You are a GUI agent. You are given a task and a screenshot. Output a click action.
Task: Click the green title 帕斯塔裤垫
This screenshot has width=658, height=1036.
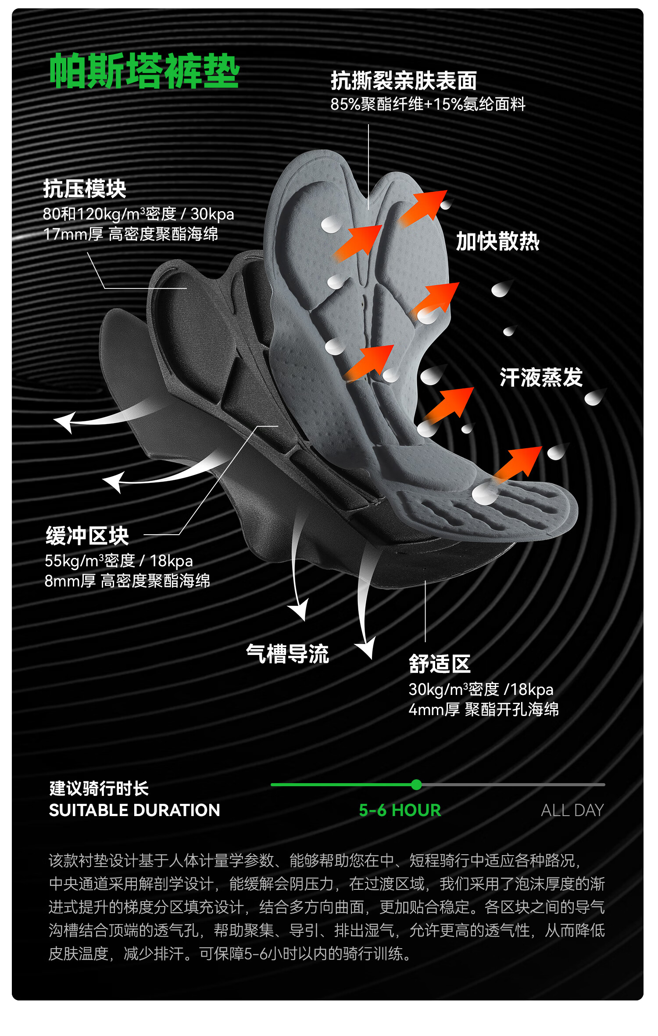(144, 71)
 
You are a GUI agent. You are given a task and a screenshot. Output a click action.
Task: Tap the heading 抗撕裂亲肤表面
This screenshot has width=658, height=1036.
(404, 81)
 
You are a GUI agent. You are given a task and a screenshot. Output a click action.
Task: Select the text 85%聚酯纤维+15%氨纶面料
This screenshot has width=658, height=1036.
(428, 104)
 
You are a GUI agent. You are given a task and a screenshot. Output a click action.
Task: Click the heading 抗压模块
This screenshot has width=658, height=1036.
(85, 189)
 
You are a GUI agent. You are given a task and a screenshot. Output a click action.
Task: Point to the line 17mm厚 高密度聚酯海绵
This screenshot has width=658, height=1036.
(130, 234)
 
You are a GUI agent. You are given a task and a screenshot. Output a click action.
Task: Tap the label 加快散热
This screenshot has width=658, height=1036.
(497, 241)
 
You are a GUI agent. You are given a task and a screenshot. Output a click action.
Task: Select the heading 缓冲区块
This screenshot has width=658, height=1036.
(87, 536)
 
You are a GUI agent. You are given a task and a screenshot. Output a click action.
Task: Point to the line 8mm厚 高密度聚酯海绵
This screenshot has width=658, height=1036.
(127, 581)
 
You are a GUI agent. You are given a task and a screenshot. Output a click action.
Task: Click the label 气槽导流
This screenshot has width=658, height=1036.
(287, 654)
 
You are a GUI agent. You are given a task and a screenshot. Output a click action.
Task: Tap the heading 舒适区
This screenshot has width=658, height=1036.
(440, 664)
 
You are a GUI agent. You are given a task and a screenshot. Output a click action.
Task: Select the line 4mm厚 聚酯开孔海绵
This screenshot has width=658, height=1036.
(483, 709)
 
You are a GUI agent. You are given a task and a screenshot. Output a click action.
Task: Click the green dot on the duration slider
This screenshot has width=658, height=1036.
(416, 784)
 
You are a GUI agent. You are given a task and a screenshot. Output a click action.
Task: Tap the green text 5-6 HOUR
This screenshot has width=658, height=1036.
(400, 810)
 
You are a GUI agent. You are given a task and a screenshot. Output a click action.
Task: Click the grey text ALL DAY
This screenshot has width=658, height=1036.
(572, 810)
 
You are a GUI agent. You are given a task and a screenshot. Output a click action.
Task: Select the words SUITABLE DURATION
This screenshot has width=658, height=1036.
(134, 810)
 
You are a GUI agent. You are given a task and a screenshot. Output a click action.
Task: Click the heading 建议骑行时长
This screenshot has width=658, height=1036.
(99, 788)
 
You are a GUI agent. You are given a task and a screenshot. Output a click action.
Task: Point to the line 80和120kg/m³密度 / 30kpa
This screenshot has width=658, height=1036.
(138, 214)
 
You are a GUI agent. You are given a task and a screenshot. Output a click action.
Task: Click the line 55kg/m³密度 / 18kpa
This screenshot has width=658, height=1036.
(118, 561)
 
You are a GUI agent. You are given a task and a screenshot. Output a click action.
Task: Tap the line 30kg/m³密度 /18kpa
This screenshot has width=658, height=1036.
(481, 690)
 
